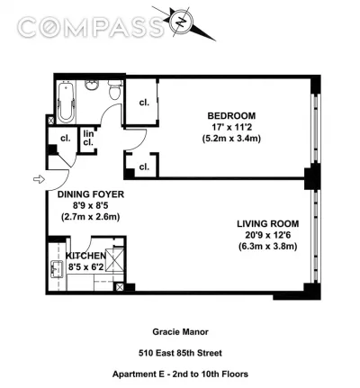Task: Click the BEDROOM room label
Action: click(x=231, y=116)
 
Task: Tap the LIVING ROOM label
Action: click(x=268, y=224)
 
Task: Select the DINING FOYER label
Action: click(x=91, y=194)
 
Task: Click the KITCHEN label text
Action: click(x=86, y=256)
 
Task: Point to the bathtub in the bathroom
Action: click(x=66, y=102)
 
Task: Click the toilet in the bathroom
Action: click(x=115, y=89)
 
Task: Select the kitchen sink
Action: click(x=57, y=269)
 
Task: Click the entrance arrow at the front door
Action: click(x=39, y=179)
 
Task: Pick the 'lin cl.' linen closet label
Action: click(x=88, y=138)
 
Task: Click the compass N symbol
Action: click(x=182, y=22)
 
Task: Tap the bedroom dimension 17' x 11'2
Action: click(x=231, y=127)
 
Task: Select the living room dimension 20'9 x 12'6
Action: click(x=268, y=235)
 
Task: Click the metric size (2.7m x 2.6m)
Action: click(x=91, y=217)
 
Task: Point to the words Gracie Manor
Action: click(x=180, y=332)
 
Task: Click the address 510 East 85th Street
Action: click(x=180, y=353)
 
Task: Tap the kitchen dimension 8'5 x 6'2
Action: click(x=86, y=266)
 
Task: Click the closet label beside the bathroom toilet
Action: click(x=144, y=103)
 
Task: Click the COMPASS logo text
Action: click(x=91, y=27)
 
